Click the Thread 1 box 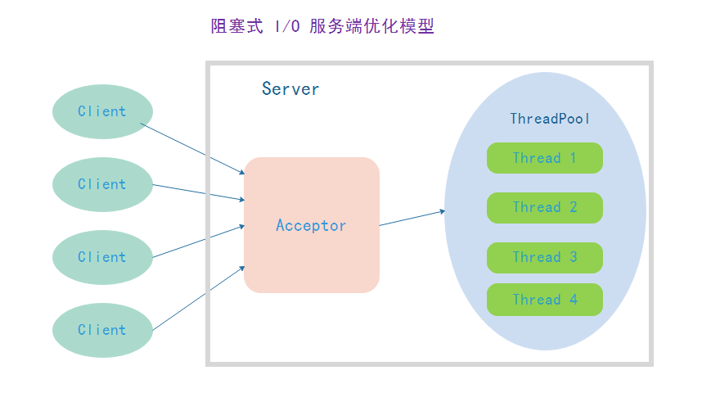point(545,158)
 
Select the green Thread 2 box point(545,208)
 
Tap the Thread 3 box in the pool point(545,258)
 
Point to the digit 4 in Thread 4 point(574,300)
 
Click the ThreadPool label point(550,119)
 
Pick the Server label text point(290,89)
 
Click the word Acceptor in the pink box point(311,225)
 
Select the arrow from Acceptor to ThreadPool point(412,218)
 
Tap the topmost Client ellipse point(102,111)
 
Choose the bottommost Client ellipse point(102,330)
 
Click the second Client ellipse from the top point(102,185)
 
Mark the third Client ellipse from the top point(102,257)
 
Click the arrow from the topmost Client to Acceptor point(193,148)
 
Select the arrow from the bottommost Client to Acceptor point(199,298)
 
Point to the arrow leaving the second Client point(199,192)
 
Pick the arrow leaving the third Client point(199,242)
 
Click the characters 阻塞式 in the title point(236,26)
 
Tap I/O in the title point(287,26)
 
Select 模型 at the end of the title point(417,26)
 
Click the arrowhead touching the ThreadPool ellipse point(443,211)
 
